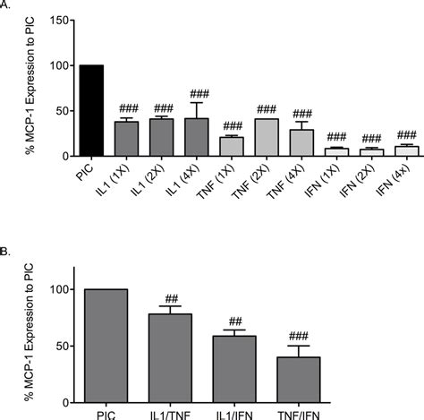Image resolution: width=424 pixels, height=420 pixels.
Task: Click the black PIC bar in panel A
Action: click(x=91, y=111)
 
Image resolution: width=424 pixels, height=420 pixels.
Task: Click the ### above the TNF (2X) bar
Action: click(x=267, y=109)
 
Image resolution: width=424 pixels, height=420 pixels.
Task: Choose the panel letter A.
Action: click(x=5, y=5)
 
